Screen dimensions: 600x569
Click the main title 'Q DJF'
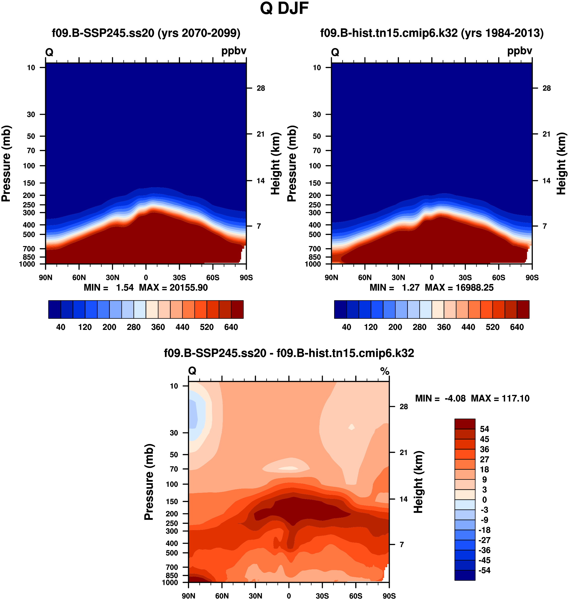tap(284, 9)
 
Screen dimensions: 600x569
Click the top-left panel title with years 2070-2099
tap(146, 33)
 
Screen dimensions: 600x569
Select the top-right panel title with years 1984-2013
tap(432, 33)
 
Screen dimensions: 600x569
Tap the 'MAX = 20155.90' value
tap(173, 288)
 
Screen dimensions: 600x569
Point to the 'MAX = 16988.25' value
tap(459, 288)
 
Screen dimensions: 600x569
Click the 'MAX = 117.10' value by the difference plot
tap(500, 398)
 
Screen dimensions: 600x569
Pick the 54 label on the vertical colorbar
tap(484, 429)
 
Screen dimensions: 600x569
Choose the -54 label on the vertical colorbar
tap(484, 570)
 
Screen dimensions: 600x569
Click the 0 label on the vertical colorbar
tap(484, 500)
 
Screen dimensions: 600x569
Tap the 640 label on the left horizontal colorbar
tap(231, 327)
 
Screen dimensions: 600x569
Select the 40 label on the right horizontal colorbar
tap(346, 327)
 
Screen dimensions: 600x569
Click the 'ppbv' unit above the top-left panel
tap(234, 51)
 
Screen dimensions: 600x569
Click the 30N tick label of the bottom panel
tap(255, 596)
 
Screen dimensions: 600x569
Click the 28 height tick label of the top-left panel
tap(261, 88)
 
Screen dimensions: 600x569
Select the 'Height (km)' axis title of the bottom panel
tap(418, 482)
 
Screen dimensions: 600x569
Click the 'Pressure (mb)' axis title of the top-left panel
tap(6, 164)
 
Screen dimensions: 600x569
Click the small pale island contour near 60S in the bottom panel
tap(351, 427)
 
